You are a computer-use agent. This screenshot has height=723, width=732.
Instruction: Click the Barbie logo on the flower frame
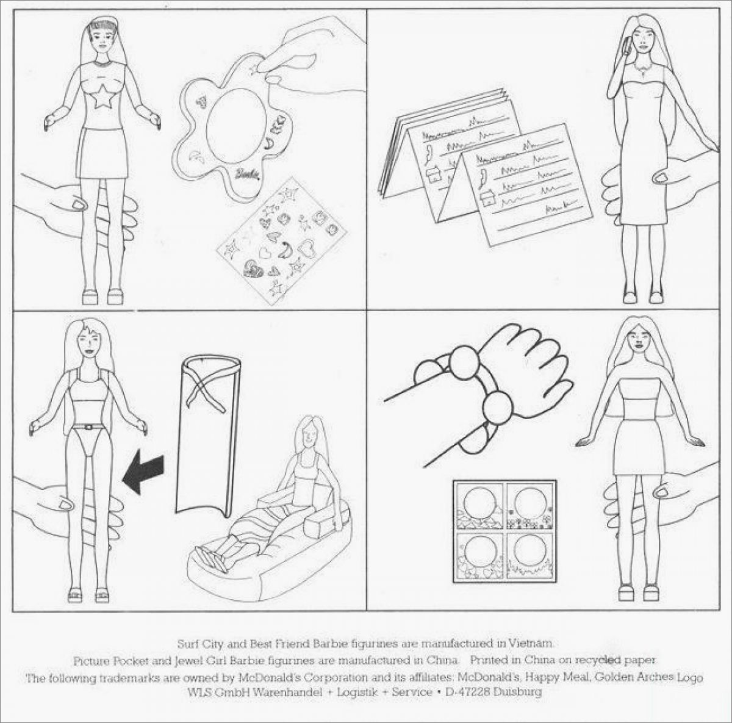coord(248,174)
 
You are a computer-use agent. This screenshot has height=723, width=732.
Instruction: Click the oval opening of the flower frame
coord(234,126)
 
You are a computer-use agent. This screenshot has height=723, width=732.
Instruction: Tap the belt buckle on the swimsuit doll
coord(88,427)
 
